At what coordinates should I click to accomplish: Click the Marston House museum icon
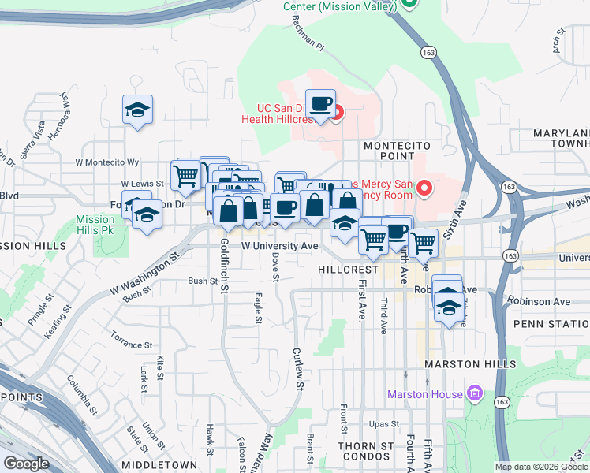[474, 393]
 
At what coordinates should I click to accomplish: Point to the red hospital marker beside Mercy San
[424, 188]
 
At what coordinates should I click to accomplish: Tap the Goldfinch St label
[224, 266]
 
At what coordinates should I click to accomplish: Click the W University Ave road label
[279, 246]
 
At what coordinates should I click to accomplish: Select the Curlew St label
[298, 369]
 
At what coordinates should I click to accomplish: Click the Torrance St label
[131, 345]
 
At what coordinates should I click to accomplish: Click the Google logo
[27, 464]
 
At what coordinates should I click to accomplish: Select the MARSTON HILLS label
[470, 364]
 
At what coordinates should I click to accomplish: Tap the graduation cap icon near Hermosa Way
[138, 110]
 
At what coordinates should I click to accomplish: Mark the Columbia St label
[82, 395]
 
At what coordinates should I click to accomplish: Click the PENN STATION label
[551, 324]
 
